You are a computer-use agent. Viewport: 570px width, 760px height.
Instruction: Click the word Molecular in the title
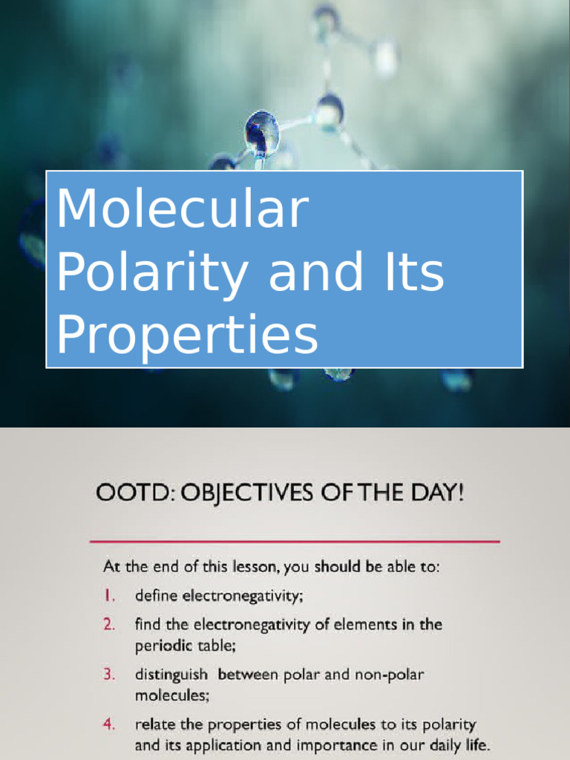[182, 210]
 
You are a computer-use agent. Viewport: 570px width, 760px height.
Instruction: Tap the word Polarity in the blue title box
[152, 272]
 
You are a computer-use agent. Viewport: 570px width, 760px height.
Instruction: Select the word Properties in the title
[187, 335]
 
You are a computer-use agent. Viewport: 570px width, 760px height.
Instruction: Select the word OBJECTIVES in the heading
[240, 493]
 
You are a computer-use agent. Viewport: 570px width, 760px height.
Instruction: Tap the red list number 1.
[108, 595]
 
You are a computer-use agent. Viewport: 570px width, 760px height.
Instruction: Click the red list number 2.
[109, 624]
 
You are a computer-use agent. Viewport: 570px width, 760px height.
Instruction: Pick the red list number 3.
[109, 675]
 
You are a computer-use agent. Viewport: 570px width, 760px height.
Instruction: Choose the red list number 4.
[109, 724]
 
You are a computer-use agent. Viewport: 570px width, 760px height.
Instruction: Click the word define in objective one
[156, 595]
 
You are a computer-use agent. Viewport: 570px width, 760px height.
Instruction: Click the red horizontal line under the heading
[295, 541]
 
